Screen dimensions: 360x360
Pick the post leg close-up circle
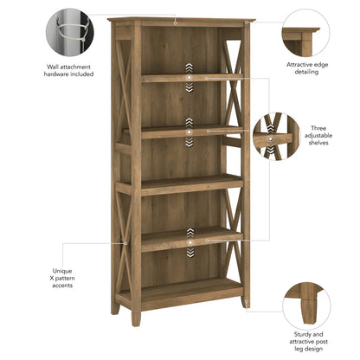click(x=304, y=303)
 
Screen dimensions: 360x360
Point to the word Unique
click(x=62, y=270)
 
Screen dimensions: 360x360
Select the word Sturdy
click(x=298, y=333)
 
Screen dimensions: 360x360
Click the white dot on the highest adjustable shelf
click(x=189, y=78)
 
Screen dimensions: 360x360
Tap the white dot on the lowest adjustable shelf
click(x=189, y=232)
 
